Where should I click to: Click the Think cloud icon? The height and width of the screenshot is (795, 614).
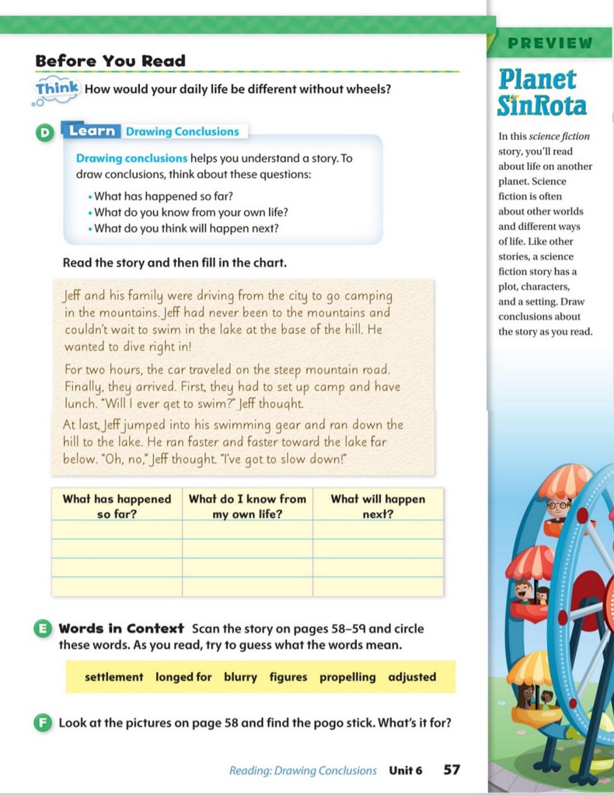coord(56,89)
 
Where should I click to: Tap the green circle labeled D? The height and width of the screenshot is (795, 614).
coord(44,133)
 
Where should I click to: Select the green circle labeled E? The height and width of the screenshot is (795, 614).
coord(44,629)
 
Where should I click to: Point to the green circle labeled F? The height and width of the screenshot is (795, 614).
coord(44,724)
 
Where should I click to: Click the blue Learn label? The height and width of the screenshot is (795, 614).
coord(92,131)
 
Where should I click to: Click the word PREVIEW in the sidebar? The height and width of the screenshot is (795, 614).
coord(550,44)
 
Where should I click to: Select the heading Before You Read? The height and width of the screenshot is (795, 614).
coord(110,61)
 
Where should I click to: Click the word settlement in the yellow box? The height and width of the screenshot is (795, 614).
coord(113,677)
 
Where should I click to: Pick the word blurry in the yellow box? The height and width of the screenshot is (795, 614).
coord(240,677)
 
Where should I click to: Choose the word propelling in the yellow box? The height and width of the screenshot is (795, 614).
coord(347,677)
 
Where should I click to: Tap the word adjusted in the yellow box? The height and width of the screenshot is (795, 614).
coord(412,677)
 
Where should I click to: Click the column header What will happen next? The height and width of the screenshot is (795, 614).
coord(378,506)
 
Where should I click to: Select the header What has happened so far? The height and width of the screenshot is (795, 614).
coord(117,506)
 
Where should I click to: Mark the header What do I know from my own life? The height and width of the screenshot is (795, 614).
coord(247,506)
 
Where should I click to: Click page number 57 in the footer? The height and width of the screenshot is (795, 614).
coord(452,770)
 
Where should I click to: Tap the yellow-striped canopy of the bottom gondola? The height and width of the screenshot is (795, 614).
coord(531,668)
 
